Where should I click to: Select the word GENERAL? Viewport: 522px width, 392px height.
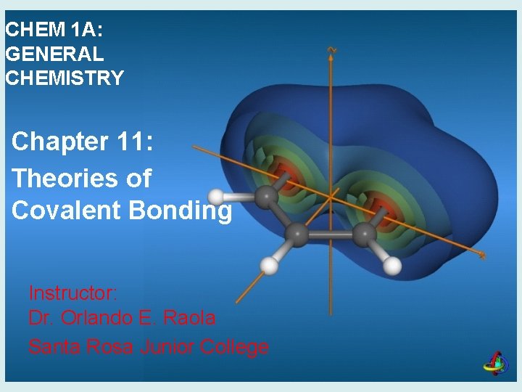[55, 54]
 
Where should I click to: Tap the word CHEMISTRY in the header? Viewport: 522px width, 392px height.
[65, 78]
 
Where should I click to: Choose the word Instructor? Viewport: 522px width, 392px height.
[72, 293]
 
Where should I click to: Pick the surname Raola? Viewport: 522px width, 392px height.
[191, 318]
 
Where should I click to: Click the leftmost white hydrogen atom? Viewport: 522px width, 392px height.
[217, 197]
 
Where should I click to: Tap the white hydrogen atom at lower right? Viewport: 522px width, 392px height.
[392, 266]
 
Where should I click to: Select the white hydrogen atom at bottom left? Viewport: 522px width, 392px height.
[268, 266]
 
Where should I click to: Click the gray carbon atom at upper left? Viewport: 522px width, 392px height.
[268, 196]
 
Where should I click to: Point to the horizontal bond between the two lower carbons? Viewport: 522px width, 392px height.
[331, 234]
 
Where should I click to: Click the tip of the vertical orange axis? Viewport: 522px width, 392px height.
[331, 50]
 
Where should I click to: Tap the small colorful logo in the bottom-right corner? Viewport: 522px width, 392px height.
[497, 363]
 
